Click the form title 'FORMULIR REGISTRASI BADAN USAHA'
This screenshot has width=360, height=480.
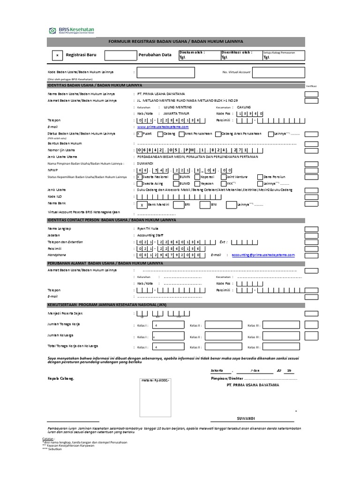tap(176, 42)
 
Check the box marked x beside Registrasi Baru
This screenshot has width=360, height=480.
tap(57, 55)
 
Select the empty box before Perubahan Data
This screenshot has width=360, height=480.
tap(120, 55)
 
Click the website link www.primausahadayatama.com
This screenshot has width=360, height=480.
tap(163, 127)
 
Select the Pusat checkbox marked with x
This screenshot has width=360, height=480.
tap(139, 134)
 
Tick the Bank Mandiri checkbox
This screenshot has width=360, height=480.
tap(142, 205)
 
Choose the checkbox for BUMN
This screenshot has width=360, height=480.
tap(160, 177)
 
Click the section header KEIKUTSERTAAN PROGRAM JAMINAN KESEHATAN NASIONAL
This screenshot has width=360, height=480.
tap(109, 305)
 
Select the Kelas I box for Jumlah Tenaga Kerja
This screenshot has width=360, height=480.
tap(171, 325)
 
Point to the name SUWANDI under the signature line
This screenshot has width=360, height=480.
tap(246, 418)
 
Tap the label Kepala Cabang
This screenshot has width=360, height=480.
tap(60, 377)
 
